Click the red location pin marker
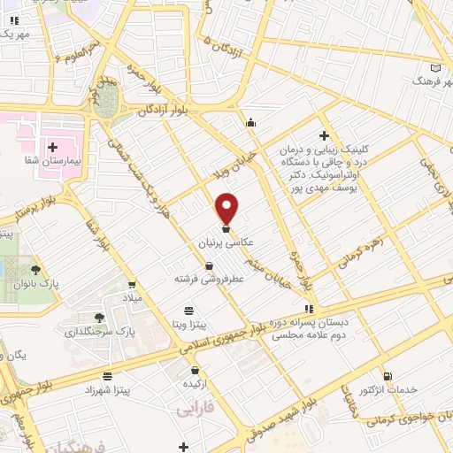[x=227, y=209]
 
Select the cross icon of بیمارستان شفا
[x=53, y=147]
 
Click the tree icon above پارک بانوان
[x=35, y=269]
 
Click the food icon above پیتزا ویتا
[x=188, y=311]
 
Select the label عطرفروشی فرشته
[x=208, y=280]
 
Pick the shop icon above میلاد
[x=132, y=284]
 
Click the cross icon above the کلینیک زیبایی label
[x=324, y=135]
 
